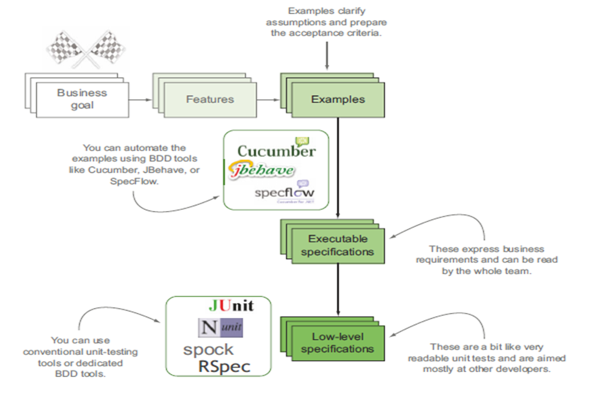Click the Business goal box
tap(82, 99)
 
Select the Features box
tap(210, 99)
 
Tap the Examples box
tap(337, 99)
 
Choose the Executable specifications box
tap(337, 245)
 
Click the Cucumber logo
tap(276, 151)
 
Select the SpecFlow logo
tap(284, 193)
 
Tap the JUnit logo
tap(231, 306)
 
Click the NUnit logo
tap(220, 328)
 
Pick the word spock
tap(208, 349)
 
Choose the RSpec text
tap(224, 367)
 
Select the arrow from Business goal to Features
tap(140, 99)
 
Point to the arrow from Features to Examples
tap(267, 99)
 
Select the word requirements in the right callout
tap(443, 260)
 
